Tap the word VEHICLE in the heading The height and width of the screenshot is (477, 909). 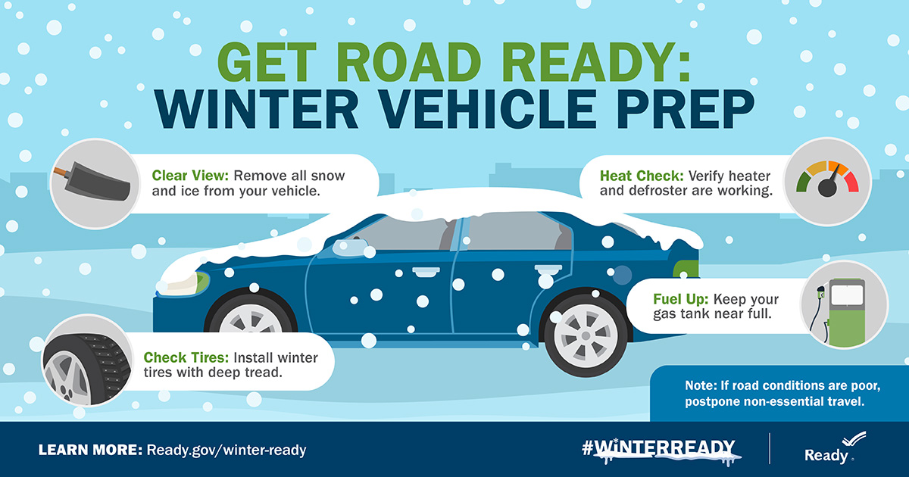click(x=460, y=111)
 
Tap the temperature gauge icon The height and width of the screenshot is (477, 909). click(x=826, y=182)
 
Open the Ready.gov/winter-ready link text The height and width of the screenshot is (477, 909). click(x=226, y=450)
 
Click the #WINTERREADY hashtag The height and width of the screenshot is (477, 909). click(x=658, y=447)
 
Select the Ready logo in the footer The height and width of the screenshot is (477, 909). click(x=832, y=448)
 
